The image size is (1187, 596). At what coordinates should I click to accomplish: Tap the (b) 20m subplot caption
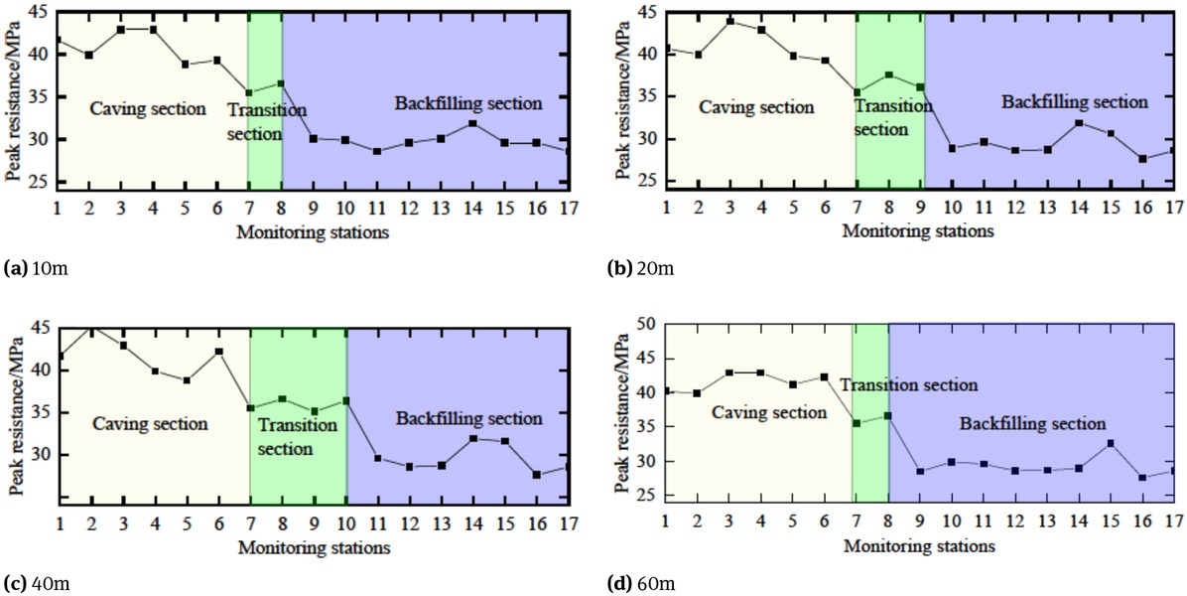coord(641,269)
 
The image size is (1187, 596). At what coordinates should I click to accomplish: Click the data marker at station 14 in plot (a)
coord(473,123)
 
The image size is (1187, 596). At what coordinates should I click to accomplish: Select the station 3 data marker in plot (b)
coord(730,21)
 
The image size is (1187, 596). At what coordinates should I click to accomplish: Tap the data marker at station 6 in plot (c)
coord(218,351)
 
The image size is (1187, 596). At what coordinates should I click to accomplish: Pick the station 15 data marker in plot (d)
coord(1111,443)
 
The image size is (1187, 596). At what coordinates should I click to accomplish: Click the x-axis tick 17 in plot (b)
coord(1173,207)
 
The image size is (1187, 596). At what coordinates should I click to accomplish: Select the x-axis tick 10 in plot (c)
coord(346,522)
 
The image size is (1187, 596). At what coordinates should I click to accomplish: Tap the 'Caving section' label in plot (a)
coord(148,108)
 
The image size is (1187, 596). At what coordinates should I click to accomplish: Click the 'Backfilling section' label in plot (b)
coord(1074,102)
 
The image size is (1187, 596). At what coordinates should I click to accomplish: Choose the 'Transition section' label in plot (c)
coord(299,437)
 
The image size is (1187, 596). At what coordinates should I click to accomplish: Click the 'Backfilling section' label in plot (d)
coord(1032,424)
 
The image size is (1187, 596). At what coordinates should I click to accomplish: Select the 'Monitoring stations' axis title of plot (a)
coord(313,232)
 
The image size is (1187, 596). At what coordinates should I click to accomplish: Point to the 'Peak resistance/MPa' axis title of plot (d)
coord(624,406)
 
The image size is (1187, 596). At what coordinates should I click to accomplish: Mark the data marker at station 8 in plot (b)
coord(889,74)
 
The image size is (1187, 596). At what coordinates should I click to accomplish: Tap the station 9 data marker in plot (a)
coord(314,138)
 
